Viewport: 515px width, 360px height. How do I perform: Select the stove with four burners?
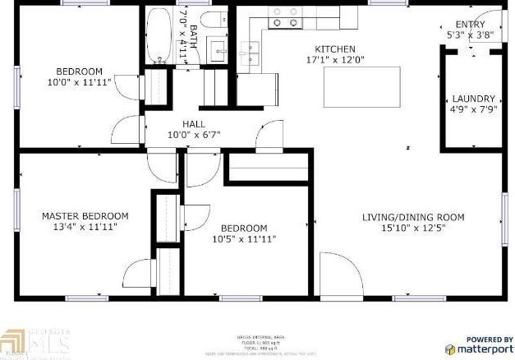(284, 16)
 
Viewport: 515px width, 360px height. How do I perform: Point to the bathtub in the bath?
(159, 35)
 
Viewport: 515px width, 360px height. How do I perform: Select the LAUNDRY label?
(472, 97)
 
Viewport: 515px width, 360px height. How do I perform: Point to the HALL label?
(194, 123)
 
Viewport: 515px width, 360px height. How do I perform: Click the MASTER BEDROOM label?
(85, 216)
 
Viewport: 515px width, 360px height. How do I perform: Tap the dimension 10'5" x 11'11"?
(244, 239)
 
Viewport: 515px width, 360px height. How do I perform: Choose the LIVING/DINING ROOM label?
(413, 217)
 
